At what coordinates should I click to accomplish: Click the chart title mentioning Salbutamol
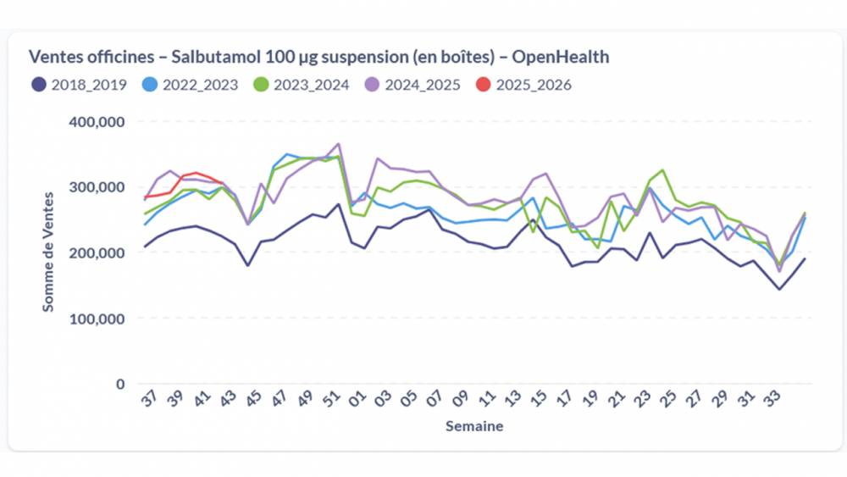[318, 57]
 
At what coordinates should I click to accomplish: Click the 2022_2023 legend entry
[191, 85]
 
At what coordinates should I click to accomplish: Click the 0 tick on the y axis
[120, 384]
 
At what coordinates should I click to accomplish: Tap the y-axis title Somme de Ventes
[48, 252]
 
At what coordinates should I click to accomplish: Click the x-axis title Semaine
[474, 426]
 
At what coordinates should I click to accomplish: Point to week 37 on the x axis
[148, 400]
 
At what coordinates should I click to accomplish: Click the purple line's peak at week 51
[339, 144]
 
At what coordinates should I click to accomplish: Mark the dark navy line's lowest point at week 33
[779, 290]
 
